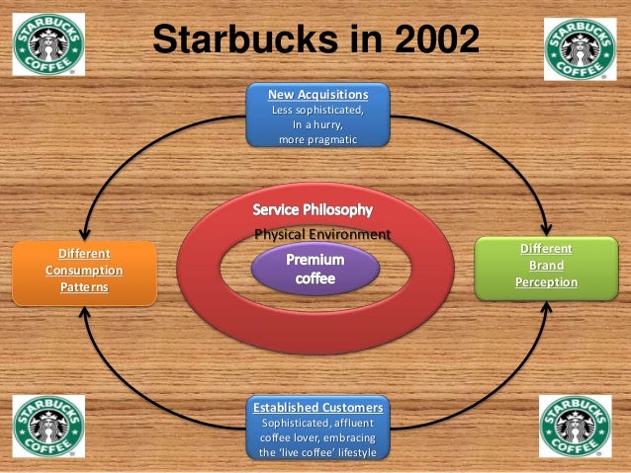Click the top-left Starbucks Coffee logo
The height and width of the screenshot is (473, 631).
(x=48, y=43)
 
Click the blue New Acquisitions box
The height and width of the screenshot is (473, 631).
(x=317, y=117)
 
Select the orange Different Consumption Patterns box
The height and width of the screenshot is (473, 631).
(x=83, y=270)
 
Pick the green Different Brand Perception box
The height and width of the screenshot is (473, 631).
(x=546, y=267)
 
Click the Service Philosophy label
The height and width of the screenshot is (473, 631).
(x=314, y=211)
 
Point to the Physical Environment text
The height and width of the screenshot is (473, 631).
(x=322, y=234)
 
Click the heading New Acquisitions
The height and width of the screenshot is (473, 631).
(x=317, y=94)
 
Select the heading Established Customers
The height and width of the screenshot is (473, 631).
(x=317, y=407)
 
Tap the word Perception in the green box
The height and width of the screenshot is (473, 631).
(x=546, y=283)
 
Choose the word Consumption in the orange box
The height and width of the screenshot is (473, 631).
(x=83, y=270)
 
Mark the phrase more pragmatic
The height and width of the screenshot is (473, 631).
(x=317, y=140)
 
